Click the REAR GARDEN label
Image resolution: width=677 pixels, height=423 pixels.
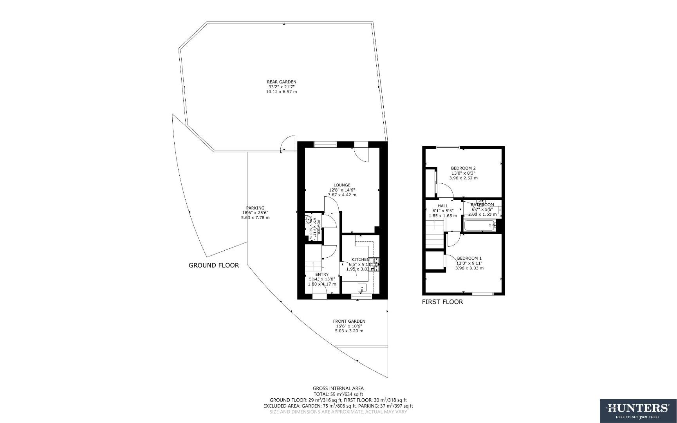point(282,82)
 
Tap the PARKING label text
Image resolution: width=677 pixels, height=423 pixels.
point(255,208)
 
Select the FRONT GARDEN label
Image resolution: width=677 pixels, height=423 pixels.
point(349,321)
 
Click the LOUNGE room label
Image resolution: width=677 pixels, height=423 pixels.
point(342,185)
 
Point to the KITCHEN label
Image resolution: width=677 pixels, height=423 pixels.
point(360,259)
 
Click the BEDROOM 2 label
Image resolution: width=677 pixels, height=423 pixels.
point(463,168)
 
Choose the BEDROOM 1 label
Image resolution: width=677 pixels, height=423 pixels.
point(469,258)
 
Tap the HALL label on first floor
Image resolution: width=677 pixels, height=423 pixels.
point(443,206)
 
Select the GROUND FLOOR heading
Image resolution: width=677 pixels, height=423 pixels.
point(214,265)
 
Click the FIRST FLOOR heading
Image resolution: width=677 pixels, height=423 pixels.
point(442,302)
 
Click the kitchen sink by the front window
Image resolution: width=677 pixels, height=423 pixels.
point(363,289)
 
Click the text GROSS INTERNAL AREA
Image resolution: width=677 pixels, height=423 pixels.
point(338,389)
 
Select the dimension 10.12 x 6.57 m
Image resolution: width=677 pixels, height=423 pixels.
point(282,92)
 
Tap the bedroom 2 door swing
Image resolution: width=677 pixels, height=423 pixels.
point(446,191)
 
